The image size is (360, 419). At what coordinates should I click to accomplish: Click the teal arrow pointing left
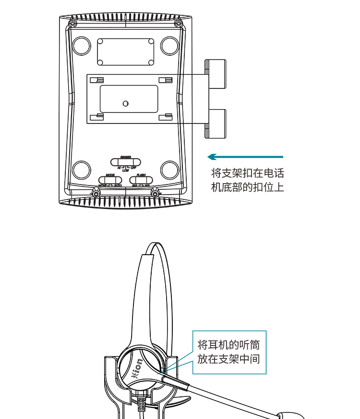point(245,157)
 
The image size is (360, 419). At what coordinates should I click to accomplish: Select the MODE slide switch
point(110,180)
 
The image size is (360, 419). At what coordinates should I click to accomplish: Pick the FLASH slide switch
point(141,180)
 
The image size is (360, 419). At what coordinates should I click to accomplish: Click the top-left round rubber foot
point(82,45)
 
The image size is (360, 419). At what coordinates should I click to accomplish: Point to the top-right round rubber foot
point(169,45)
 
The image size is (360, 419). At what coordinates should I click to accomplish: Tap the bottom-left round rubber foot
point(82,170)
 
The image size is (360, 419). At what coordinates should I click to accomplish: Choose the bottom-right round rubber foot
point(169,170)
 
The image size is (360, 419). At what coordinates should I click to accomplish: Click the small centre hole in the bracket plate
point(126,103)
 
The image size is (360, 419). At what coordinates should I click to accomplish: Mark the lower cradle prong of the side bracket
point(216,123)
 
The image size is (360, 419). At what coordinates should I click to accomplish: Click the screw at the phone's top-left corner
point(72,24)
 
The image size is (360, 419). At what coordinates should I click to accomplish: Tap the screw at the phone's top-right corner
point(178,24)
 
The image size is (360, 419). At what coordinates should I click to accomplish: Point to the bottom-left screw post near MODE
point(96,193)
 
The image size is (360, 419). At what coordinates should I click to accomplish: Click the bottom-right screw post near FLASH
point(155,193)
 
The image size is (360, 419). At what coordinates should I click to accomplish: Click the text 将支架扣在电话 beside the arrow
point(247,173)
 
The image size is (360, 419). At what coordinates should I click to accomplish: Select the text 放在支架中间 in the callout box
point(228,358)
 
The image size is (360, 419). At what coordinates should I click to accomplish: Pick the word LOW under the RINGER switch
point(126,170)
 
